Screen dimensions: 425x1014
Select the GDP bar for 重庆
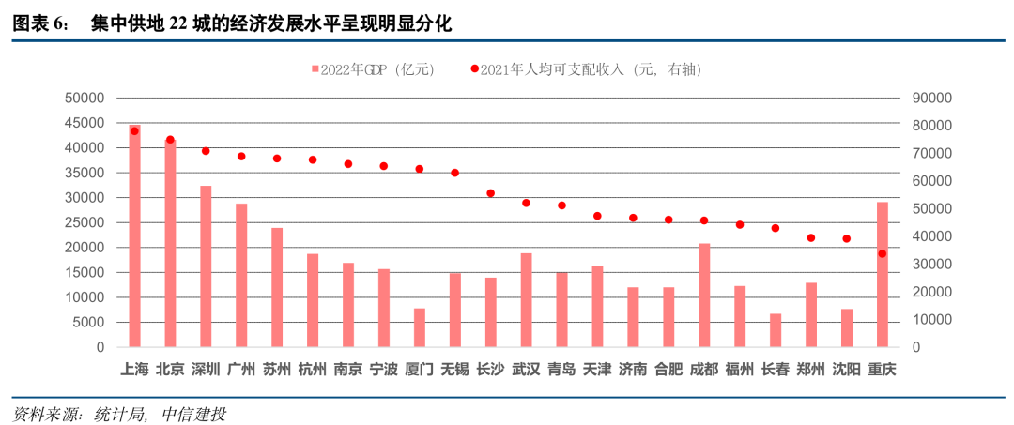tap(882, 275)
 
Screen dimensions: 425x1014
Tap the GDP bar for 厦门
tap(420, 327)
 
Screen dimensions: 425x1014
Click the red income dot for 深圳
tap(206, 151)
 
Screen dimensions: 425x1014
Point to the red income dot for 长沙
tap(490, 193)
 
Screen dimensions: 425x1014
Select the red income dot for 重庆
tap(882, 253)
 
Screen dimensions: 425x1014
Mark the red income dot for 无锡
tap(454, 173)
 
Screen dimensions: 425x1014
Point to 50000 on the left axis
tap(84, 98)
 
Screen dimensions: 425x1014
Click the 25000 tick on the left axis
tap(84, 222)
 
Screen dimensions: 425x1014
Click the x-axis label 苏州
tap(277, 369)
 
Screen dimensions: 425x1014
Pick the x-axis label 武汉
tap(526, 369)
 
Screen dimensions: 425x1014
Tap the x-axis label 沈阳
tap(846, 369)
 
